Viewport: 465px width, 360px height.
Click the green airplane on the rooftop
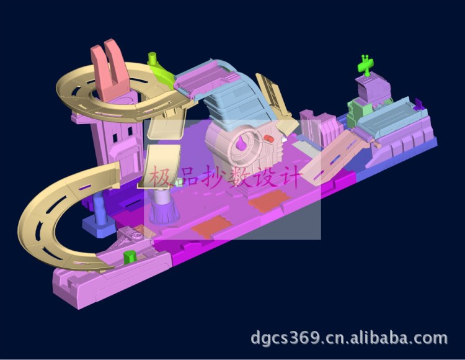coord(365,65)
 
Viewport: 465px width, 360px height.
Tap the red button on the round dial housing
coord(269,138)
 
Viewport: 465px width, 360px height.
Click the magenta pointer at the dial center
coord(241,143)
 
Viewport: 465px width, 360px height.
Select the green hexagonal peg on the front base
coord(130,257)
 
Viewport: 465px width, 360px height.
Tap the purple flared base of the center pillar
coord(164,212)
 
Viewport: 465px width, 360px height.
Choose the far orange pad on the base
coord(269,201)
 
